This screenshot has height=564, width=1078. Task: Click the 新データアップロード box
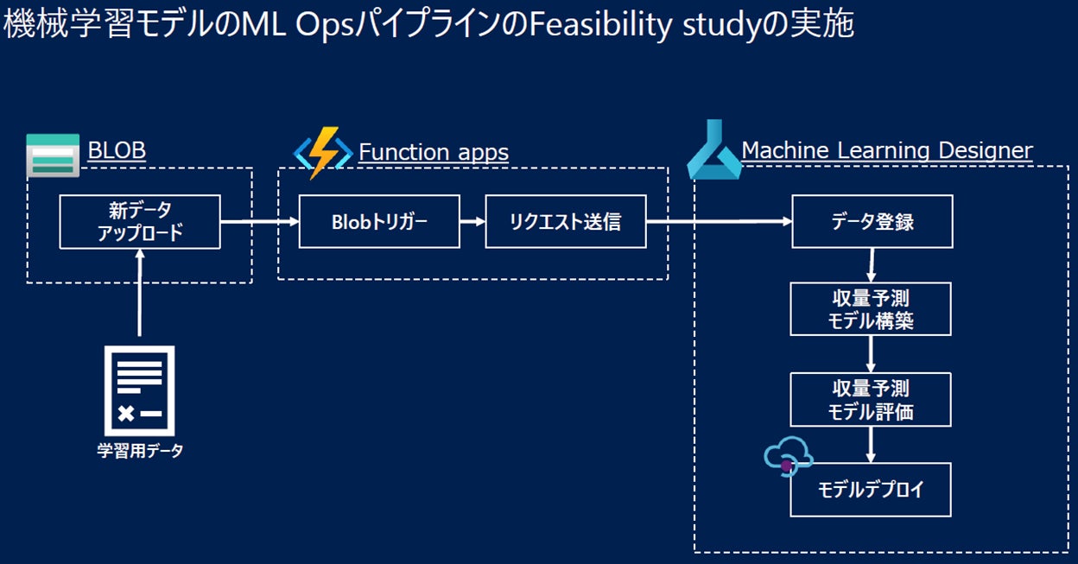(140, 222)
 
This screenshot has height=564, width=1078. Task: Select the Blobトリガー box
(379, 222)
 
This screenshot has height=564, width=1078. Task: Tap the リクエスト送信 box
(566, 222)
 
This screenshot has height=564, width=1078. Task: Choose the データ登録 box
(872, 222)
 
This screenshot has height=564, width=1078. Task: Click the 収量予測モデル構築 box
(872, 309)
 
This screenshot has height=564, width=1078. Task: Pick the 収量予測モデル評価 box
(872, 400)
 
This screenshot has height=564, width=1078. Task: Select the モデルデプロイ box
(872, 490)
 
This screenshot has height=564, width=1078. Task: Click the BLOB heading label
(117, 150)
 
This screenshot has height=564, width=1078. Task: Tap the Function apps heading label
(434, 152)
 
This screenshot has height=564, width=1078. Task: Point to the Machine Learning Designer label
(887, 150)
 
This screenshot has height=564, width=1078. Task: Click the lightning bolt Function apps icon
(323, 152)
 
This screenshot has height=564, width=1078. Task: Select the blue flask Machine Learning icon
(713, 153)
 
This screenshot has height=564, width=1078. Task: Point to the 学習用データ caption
(140, 450)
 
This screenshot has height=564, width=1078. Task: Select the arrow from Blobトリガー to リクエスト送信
(472, 222)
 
